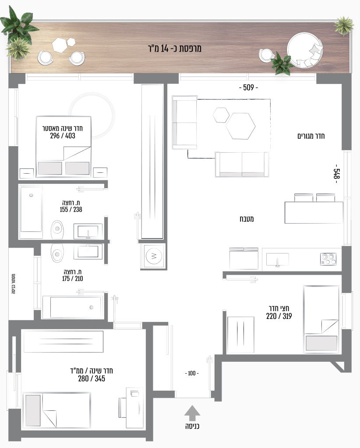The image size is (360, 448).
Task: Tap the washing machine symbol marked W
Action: point(154,256)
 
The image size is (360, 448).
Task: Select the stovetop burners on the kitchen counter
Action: point(328,259)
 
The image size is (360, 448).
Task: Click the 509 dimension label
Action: point(248,87)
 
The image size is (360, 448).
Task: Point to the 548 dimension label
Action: point(336,174)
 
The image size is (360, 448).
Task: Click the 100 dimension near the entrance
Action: point(192,373)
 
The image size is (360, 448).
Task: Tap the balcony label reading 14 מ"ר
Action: point(175,48)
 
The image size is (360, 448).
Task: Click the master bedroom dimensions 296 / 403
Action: point(63,136)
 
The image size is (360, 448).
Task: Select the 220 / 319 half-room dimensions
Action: point(279,316)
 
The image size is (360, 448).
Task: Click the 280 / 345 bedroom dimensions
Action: point(92,378)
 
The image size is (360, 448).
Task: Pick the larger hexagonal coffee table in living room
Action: point(240,126)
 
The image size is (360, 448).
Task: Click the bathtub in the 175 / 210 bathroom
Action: point(73,307)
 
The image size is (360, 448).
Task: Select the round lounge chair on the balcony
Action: point(305,51)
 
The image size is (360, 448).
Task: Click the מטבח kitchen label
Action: point(247,219)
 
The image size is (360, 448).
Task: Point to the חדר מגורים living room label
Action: point(311,136)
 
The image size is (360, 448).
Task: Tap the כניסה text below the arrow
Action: point(192,426)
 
